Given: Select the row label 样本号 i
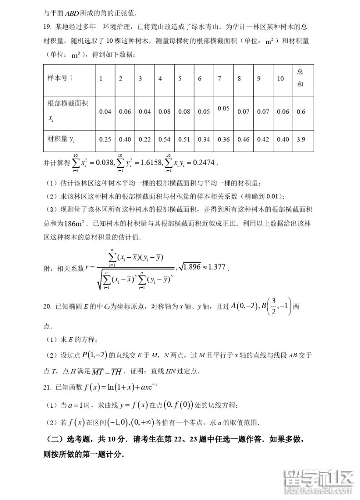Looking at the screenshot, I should tap(60, 78).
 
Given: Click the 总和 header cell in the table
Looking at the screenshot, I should tap(300, 78).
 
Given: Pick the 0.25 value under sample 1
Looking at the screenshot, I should tap(105, 140).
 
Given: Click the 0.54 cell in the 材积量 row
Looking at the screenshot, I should tap(164, 140).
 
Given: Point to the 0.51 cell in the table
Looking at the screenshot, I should tap(184, 140).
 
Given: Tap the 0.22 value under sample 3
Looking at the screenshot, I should tap(145, 140).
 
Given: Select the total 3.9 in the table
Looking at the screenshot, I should tap(300, 140).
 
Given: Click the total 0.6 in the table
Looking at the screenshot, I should tap(300, 111).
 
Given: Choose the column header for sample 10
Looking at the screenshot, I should tap(280, 79).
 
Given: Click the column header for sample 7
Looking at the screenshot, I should tap(220, 79).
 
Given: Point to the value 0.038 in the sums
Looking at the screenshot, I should tap(104, 161).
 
